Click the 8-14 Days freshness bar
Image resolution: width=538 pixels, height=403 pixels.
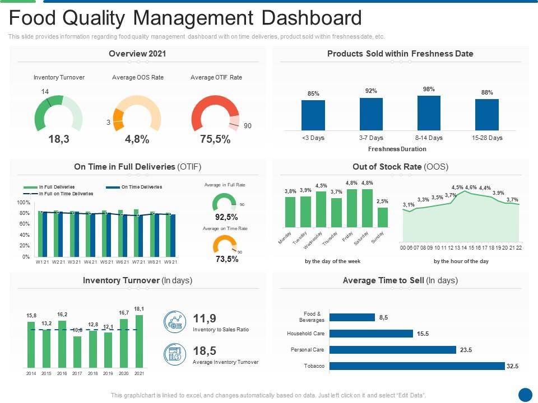pyautogui.click(x=429, y=113)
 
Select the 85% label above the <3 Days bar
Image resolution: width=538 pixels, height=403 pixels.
pyautogui.click(x=313, y=93)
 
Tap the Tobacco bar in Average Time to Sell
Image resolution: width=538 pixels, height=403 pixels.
pyautogui.click(x=417, y=366)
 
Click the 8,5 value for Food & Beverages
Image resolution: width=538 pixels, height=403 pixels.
pyautogui.click(x=383, y=317)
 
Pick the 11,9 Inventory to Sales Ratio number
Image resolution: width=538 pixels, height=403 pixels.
pyautogui.click(x=205, y=318)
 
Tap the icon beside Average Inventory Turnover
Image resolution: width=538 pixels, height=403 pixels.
pyautogui.click(x=174, y=354)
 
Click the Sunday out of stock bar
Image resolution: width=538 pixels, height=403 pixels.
pyautogui.click(x=382, y=217)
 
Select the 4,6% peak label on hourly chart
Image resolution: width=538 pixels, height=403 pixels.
pyautogui.click(x=471, y=188)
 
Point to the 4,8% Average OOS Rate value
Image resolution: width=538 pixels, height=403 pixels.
pyautogui.click(x=137, y=140)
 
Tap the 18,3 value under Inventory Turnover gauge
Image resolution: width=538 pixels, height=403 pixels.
pyautogui.click(x=59, y=140)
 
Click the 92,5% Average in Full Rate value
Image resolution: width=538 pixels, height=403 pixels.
pyautogui.click(x=226, y=217)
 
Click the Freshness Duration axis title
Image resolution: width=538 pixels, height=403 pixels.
pyautogui.click(x=397, y=149)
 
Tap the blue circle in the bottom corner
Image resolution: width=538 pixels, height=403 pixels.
pyautogui.click(x=525, y=395)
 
